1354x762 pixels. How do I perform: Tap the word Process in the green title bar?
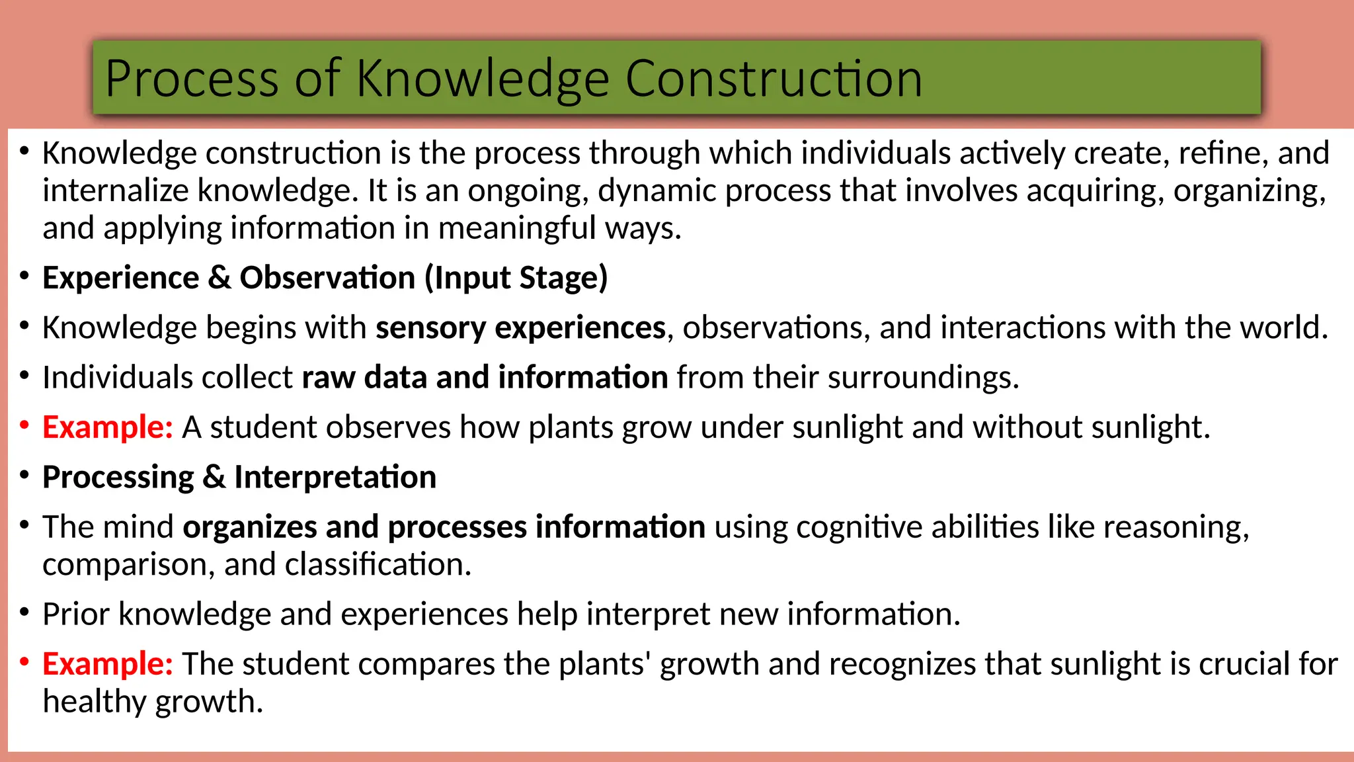(x=192, y=79)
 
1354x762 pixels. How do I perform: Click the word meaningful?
(x=517, y=228)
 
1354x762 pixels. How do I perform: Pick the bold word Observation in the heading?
(x=327, y=278)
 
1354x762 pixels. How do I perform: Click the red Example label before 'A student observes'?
(x=107, y=427)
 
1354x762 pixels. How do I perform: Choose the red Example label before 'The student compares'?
(x=107, y=664)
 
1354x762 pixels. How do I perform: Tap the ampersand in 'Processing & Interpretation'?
(x=214, y=478)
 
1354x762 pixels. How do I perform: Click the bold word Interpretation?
(x=335, y=478)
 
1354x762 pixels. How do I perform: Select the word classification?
(x=378, y=565)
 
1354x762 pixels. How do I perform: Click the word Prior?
(x=76, y=614)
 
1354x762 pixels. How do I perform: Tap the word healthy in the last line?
(x=94, y=702)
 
